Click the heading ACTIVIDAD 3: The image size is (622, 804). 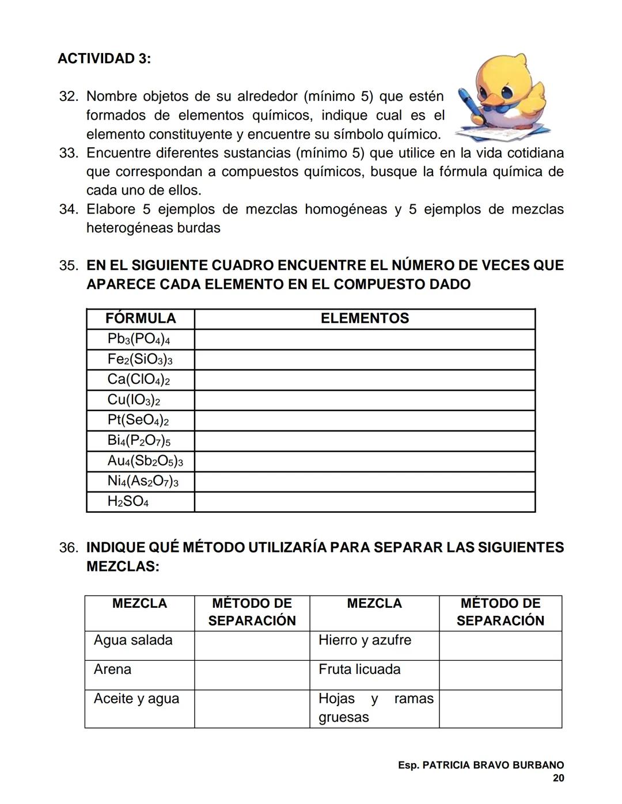pos(104,59)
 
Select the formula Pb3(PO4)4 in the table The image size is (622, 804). pos(139,339)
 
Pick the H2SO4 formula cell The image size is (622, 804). pos(128,501)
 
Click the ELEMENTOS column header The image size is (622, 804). pos(365,318)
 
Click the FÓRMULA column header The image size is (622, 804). pos(141,318)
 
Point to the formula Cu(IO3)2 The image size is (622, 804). pos(134,400)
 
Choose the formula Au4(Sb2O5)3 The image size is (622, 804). pos(145,461)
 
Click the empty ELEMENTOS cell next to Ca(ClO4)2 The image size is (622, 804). pos(365,380)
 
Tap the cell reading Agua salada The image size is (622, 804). pos(133,640)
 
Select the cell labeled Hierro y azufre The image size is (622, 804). pos(365,640)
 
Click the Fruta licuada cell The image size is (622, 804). pos(359,669)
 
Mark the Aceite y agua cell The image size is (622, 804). pos(136,699)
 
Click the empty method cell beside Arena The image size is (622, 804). pos(252,675)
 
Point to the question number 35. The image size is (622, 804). pos(68,266)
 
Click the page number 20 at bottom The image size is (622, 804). pos(558,778)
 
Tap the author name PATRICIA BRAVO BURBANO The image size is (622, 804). pos(493,765)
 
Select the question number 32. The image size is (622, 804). pos(68,96)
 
